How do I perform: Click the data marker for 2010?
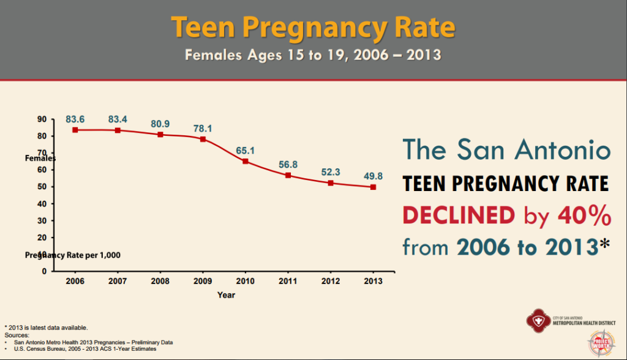tap(246, 161)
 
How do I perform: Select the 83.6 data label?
tap(75, 119)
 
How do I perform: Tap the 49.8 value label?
tap(373, 176)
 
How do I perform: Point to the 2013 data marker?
tap(373, 187)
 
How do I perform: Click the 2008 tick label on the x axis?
tap(160, 281)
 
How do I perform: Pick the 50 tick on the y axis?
tap(42, 187)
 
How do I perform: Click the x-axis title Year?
tap(226, 295)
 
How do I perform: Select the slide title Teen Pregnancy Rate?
tap(313, 27)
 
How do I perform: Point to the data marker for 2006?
tap(75, 130)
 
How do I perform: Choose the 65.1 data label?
tap(246, 150)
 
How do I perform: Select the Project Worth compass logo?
tap(602, 343)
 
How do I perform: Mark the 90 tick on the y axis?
tap(42, 119)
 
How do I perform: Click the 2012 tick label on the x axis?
tap(331, 281)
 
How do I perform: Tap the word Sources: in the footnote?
tap(17, 336)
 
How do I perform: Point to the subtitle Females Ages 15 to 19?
tap(313, 55)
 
